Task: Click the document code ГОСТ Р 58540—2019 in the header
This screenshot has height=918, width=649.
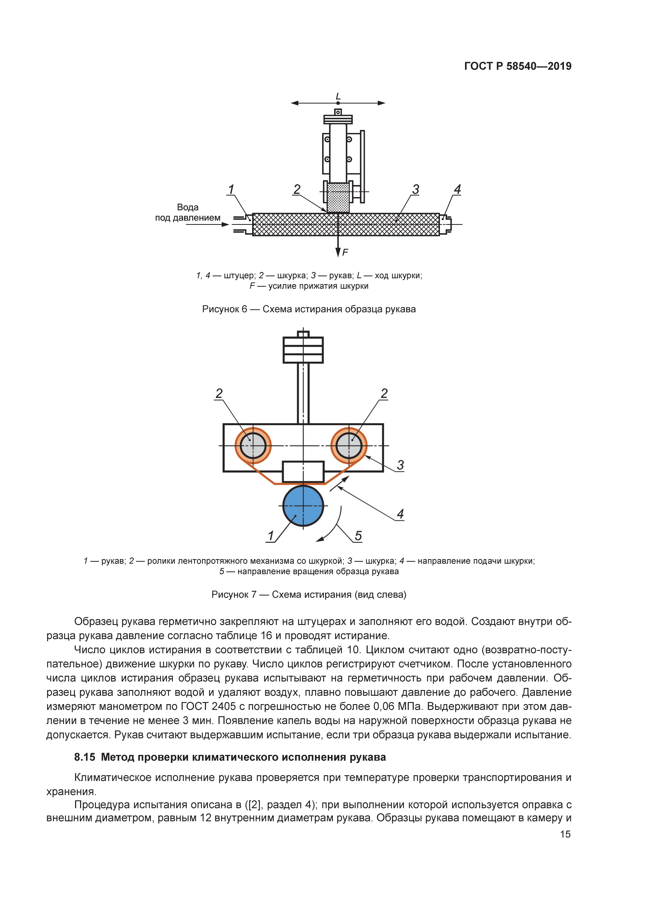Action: click(518, 66)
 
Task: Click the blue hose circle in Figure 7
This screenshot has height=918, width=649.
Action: click(303, 505)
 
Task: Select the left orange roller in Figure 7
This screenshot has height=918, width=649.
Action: click(253, 446)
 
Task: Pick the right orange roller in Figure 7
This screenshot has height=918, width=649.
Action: click(349, 446)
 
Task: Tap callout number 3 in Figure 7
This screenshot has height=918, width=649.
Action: click(400, 465)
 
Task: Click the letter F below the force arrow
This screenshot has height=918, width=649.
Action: click(345, 252)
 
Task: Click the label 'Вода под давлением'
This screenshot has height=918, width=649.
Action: click(188, 212)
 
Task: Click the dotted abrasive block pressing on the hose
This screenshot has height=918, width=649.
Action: click(338, 198)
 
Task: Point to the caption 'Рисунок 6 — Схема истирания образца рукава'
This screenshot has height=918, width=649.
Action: click(309, 309)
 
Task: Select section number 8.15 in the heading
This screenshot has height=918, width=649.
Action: click(85, 757)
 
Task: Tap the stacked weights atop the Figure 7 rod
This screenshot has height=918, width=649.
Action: click(303, 350)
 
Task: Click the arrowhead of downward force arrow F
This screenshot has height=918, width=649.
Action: click(338, 252)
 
